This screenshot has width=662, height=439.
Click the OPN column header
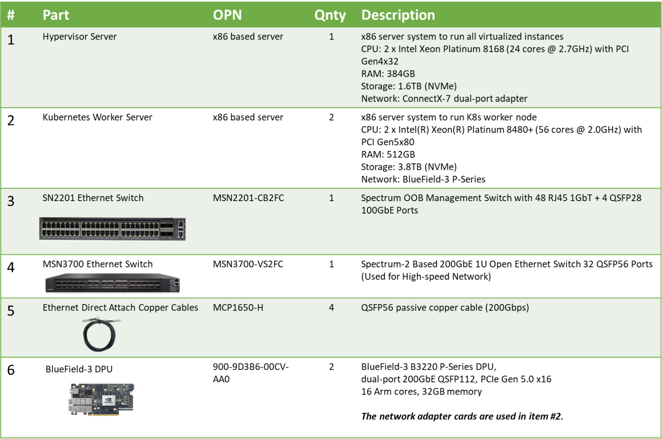tap(227, 15)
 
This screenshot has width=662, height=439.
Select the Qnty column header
tap(330, 15)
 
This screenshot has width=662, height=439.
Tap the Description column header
tap(398, 15)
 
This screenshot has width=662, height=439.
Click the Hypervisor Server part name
tap(80, 37)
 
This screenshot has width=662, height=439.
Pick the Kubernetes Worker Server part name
tap(97, 117)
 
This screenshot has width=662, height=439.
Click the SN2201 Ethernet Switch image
tap(113, 229)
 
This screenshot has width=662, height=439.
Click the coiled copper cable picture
tap(100, 335)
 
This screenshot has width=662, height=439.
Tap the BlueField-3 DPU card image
tap(102, 399)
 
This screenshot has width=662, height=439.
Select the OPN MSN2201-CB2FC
tap(248, 198)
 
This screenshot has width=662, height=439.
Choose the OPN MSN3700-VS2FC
tap(248, 264)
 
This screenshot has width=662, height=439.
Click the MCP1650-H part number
tap(238, 307)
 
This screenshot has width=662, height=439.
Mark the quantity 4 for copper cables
tap(331, 307)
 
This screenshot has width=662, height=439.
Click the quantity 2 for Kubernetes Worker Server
tap(331, 117)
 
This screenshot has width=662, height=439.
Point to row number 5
tap(11, 311)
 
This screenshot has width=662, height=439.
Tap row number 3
tap(11, 201)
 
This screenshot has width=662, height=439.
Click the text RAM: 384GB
tap(388, 74)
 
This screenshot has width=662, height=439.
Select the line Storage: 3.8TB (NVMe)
tap(409, 167)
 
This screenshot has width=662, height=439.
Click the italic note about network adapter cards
tap(462, 416)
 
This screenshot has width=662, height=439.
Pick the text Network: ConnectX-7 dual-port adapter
tap(444, 98)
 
